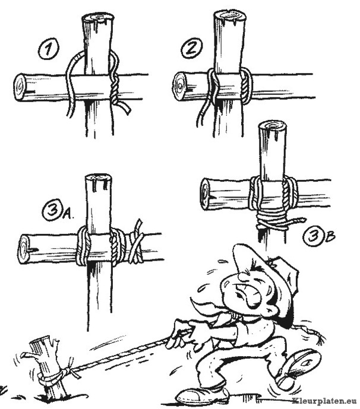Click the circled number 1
[49, 49]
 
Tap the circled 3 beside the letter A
[53, 210]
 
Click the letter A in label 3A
[68, 214]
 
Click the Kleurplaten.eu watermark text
[326, 401]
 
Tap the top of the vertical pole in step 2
[229, 15]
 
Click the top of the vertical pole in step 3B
[273, 125]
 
